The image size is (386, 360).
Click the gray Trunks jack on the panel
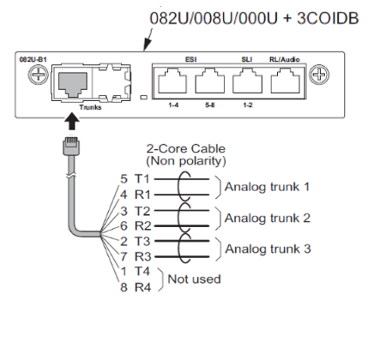pyautogui.click(x=73, y=84)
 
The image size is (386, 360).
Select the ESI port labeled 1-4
pyautogui.click(x=172, y=81)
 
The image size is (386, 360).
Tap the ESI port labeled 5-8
pyautogui.click(x=209, y=81)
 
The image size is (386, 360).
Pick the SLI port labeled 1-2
pyautogui.click(x=247, y=81)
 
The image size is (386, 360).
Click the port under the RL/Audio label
pyautogui.click(x=285, y=81)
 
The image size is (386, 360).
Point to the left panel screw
pyautogui.click(x=38, y=75)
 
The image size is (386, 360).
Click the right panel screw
pyautogui.click(x=319, y=75)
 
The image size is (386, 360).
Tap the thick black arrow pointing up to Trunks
pyautogui.click(x=71, y=121)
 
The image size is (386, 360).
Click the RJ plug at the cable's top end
pyautogui.click(x=71, y=147)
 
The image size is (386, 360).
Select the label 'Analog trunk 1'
pyautogui.click(x=267, y=187)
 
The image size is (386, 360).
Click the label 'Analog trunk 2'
pyautogui.click(x=268, y=219)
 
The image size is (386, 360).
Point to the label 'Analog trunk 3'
pyautogui.click(x=268, y=249)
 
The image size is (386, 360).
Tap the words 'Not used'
pyautogui.click(x=194, y=279)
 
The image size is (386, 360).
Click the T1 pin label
pyautogui.click(x=142, y=179)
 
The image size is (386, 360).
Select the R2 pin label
pyautogui.click(x=143, y=226)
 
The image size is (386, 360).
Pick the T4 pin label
pyautogui.click(x=142, y=272)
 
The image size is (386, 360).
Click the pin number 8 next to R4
pyautogui.click(x=124, y=287)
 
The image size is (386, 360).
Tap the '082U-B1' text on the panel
pyautogui.click(x=33, y=60)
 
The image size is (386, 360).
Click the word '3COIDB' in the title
pyautogui.click(x=328, y=18)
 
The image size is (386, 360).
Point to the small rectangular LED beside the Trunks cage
pyautogui.click(x=144, y=98)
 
